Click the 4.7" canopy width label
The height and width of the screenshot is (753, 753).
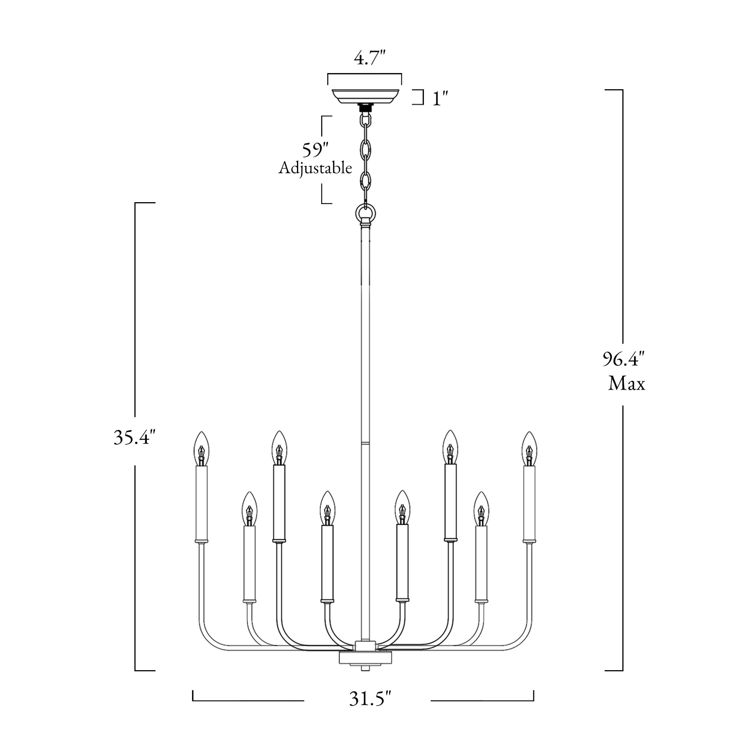[369, 58]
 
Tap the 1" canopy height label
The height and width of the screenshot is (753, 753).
[440, 98]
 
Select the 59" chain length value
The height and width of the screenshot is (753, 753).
[315, 150]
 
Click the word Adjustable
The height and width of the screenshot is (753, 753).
[315, 168]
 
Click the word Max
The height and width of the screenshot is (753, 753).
[627, 384]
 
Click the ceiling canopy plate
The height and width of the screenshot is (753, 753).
[365, 96]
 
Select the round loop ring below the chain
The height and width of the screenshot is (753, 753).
[366, 213]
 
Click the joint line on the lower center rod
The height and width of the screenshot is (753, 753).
[365, 444]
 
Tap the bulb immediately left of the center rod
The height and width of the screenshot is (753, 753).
[328, 508]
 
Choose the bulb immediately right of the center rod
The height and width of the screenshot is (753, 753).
[402, 508]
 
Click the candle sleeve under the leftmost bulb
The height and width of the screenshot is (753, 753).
[201, 504]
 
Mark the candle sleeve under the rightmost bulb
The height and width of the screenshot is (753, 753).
[529, 504]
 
